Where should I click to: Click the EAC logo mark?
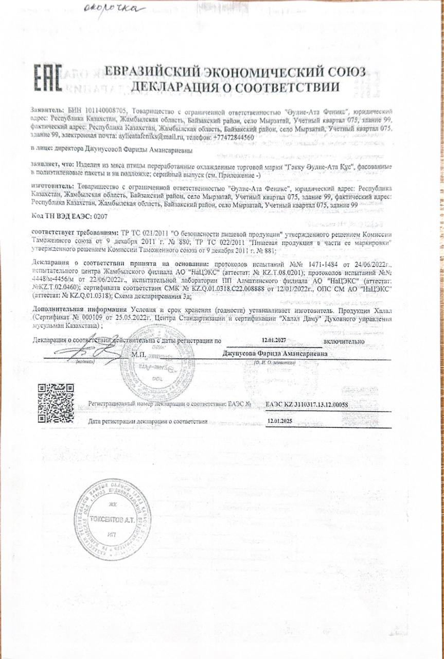(x=48, y=78)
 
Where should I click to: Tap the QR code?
(x=56, y=403)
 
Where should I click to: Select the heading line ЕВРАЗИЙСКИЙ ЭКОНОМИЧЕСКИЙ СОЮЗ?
(x=235, y=72)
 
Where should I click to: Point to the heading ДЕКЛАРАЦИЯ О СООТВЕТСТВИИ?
(x=235, y=86)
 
